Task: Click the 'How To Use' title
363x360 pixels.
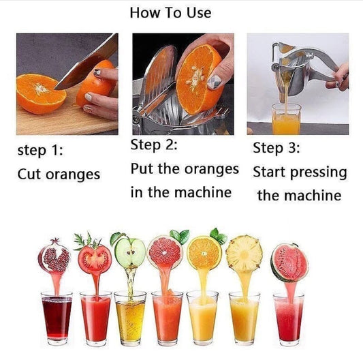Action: coord(170,13)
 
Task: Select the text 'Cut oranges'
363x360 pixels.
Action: coord(59,174)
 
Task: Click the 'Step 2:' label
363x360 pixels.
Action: coord(155,145)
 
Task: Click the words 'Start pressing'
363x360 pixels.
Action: coord(300,172)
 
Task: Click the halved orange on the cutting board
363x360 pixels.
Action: coord(41,93)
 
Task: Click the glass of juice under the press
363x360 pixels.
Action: coord(285,121)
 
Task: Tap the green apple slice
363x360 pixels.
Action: coord(130,253)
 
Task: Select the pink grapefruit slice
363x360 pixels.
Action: coord(165,252)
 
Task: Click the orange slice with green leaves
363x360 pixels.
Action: coord(204,252)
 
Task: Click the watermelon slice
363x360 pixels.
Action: coord(289,262)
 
